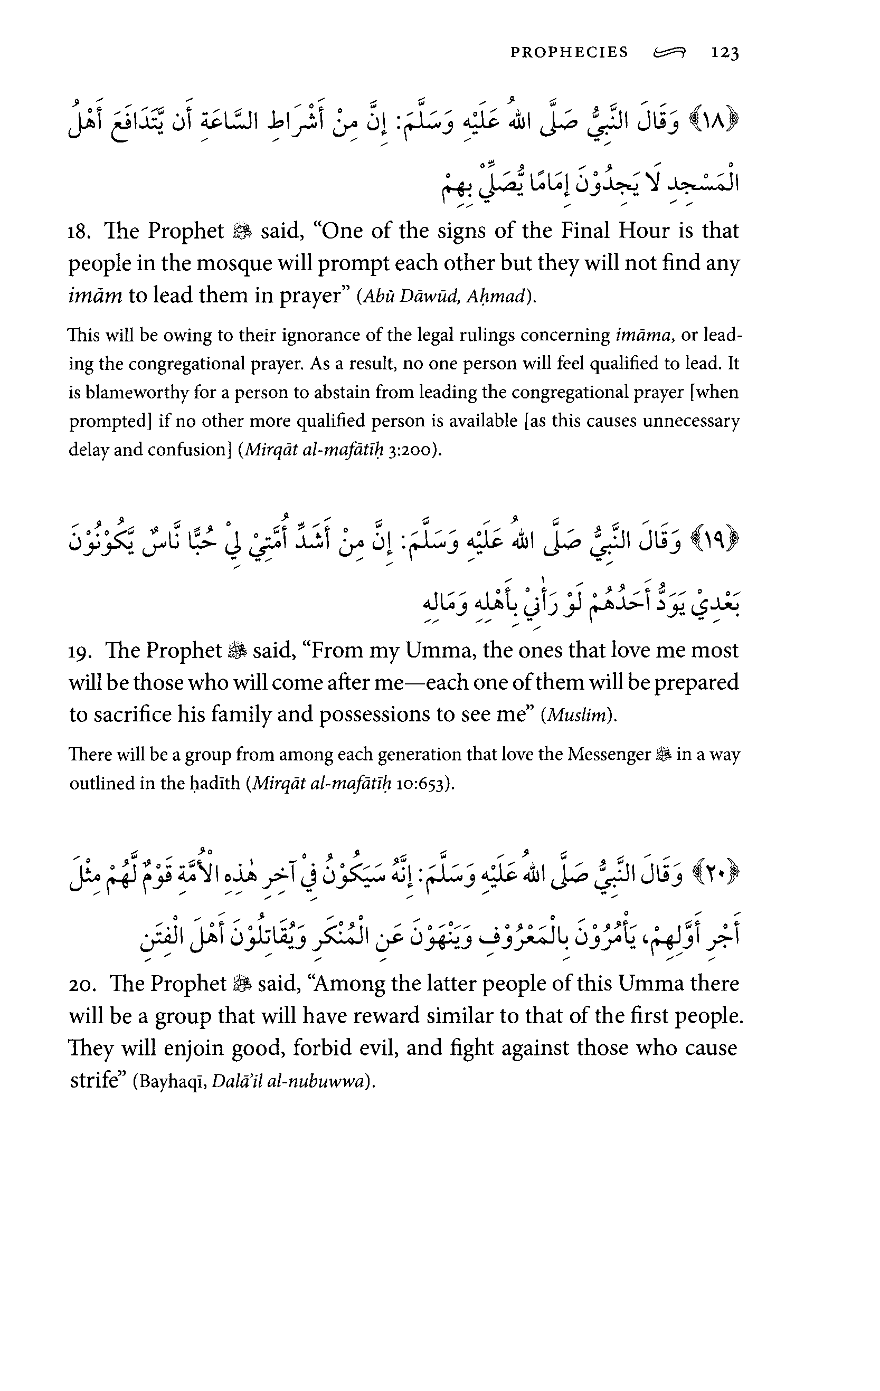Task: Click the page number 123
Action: point(725,53)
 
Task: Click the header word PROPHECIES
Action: point(569,53)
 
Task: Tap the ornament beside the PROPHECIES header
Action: point(668,54)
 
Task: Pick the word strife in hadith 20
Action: point(93,1080)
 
